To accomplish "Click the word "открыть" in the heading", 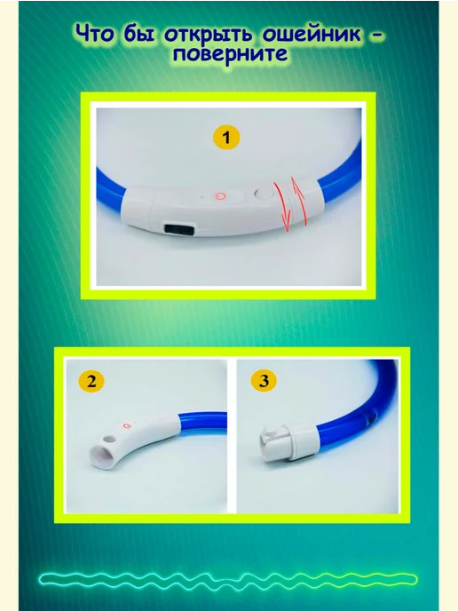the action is tap(209, 35).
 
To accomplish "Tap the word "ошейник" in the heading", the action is tap(312, 35).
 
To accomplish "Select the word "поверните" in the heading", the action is tap(230, 54).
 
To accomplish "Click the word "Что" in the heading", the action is tap(95, 34).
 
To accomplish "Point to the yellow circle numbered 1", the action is tap(226, 137).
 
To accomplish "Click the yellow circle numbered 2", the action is tap(91, 380).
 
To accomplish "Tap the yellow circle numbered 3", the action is tap(264, 380).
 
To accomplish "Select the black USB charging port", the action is tap(180, 228).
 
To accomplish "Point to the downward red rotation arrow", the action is tap(283, 207).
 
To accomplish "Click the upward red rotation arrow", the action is tap(300, 201).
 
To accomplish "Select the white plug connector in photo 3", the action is tap(287, 442).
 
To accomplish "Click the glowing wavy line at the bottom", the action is tap(228, 579).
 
